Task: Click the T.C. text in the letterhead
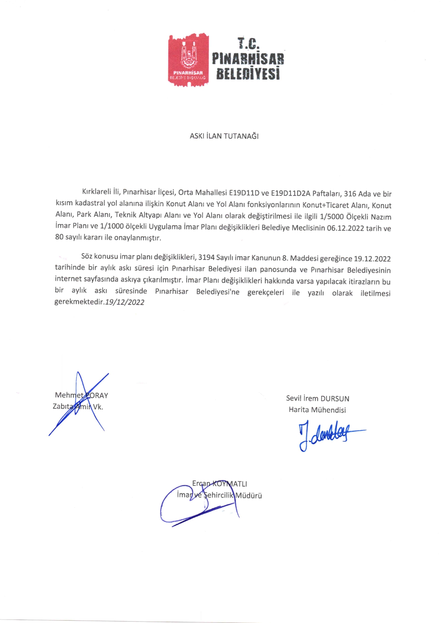[x=248, y=43]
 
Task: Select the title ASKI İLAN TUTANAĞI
[x=224, y=136]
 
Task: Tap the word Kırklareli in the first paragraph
[x=96, y=192]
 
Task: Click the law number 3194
[x=206, y=257]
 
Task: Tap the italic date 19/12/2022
[x=125, y=302]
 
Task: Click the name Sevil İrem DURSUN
[x=318, y=398]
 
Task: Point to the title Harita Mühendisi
[x=317, y=410]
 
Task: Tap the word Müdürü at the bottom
[x=249, y=495]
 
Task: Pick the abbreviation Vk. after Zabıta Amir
[x=98, y=407]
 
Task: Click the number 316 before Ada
[x=350, y=194]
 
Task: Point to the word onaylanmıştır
[x=137, y=237]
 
